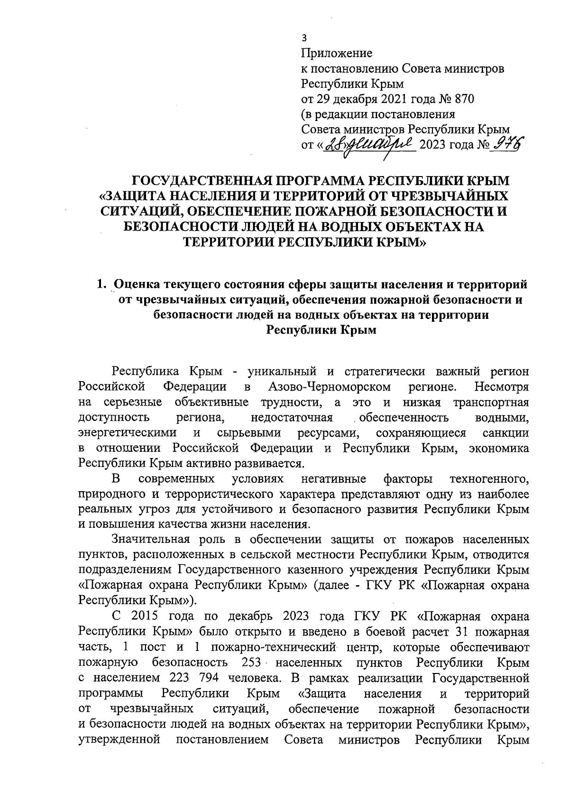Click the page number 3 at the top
pos(305,38)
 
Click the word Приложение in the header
pos(337,53)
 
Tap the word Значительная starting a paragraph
pos(150,540)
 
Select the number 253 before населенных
pos(252,663)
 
